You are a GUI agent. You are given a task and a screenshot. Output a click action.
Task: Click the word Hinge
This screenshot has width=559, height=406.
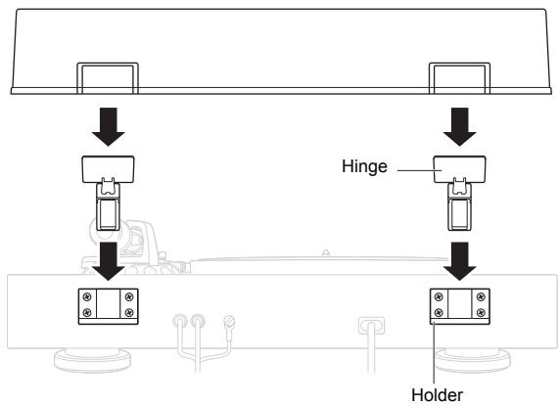364,166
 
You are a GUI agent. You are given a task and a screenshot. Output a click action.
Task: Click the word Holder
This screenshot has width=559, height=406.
437,395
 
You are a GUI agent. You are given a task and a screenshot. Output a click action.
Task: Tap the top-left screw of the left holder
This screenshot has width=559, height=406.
87,296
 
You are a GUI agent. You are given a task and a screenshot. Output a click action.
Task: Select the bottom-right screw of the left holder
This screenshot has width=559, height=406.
129,312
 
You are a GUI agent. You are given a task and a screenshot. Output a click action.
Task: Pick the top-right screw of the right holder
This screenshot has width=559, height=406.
481,296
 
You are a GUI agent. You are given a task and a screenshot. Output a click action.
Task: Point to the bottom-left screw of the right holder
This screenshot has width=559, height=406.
439,312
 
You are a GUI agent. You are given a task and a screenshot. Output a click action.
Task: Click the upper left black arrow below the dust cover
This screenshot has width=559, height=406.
109,127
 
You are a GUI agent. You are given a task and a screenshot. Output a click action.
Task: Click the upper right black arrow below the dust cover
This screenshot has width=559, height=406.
459,127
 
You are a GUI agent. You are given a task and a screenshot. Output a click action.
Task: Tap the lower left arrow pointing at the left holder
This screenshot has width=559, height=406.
109,261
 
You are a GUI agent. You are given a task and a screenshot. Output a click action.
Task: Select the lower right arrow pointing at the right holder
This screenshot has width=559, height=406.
459,261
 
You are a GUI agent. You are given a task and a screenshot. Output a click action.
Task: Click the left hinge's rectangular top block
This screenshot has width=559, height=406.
109,169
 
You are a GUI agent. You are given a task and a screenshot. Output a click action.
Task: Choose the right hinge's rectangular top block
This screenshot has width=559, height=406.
459,169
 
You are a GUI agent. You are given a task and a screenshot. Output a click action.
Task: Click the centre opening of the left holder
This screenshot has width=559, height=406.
109,303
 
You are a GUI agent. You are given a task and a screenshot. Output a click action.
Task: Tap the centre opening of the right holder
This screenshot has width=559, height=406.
460,303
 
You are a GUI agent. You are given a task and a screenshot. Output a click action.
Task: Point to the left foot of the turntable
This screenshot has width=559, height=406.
93,360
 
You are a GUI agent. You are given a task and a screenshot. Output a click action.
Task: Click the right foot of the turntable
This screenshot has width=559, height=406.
473,360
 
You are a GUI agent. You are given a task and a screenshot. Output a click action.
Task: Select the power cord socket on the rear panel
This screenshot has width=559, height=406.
371,326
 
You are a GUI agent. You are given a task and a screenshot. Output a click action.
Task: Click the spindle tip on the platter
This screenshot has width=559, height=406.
325,252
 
